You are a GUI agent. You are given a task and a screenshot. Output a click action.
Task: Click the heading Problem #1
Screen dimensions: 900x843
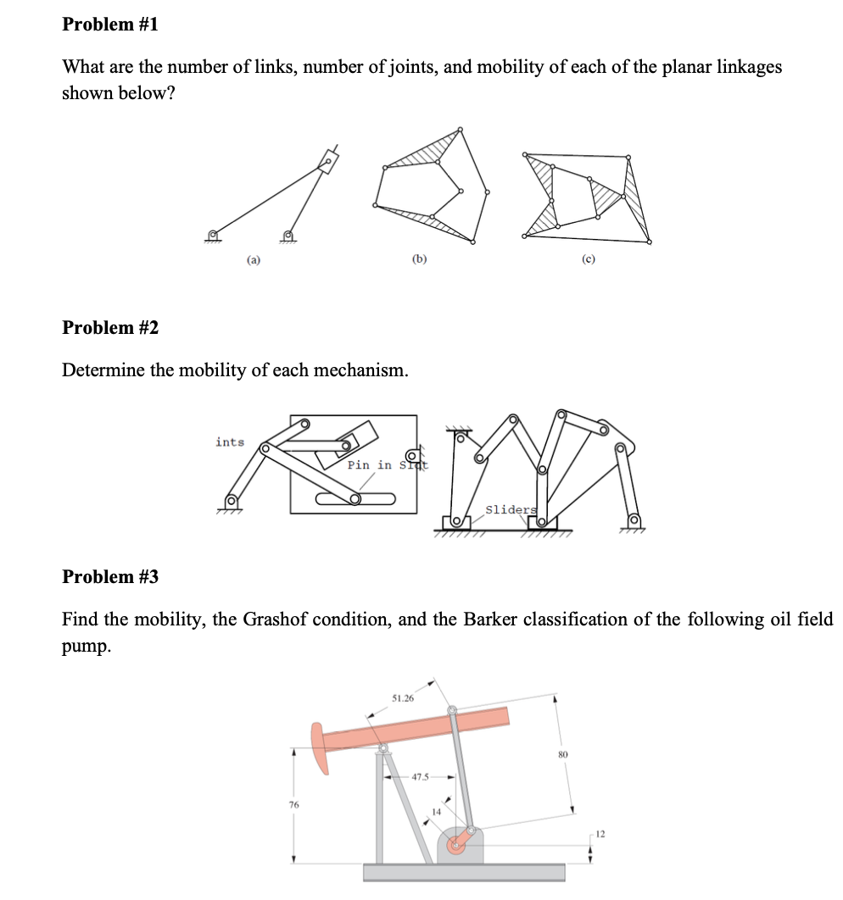point(110,25)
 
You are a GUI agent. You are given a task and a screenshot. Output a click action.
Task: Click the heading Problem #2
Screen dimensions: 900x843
point(110,327)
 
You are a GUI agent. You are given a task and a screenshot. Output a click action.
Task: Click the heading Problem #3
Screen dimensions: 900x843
point(110,576)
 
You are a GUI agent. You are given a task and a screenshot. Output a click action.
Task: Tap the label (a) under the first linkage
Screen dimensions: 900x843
point(254,261)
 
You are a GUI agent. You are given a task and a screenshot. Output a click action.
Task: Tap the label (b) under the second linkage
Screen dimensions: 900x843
point(418,261)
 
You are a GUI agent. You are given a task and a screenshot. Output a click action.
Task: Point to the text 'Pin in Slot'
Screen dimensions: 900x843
point(387,465)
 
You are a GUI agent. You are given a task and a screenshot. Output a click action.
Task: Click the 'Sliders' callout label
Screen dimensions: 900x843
point(511,509)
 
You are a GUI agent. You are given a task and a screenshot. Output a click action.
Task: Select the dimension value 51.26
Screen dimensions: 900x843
point(403,698)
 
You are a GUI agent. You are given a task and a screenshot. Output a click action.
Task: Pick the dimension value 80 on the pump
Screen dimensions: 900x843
point(562,753)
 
